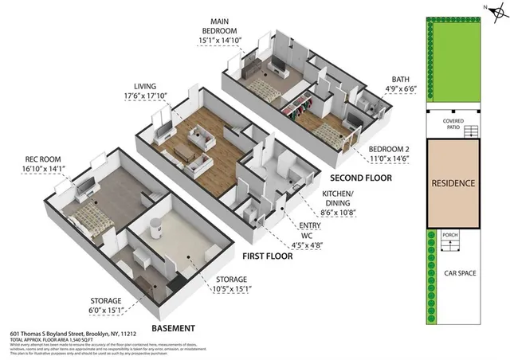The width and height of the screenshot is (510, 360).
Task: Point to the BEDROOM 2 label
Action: tap(387, 149)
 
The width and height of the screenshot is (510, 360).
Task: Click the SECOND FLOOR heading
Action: tap(359, 178)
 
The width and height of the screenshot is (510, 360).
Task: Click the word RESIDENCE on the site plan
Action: tap(453, 183)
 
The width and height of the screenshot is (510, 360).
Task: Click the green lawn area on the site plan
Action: tap(453, 62)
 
